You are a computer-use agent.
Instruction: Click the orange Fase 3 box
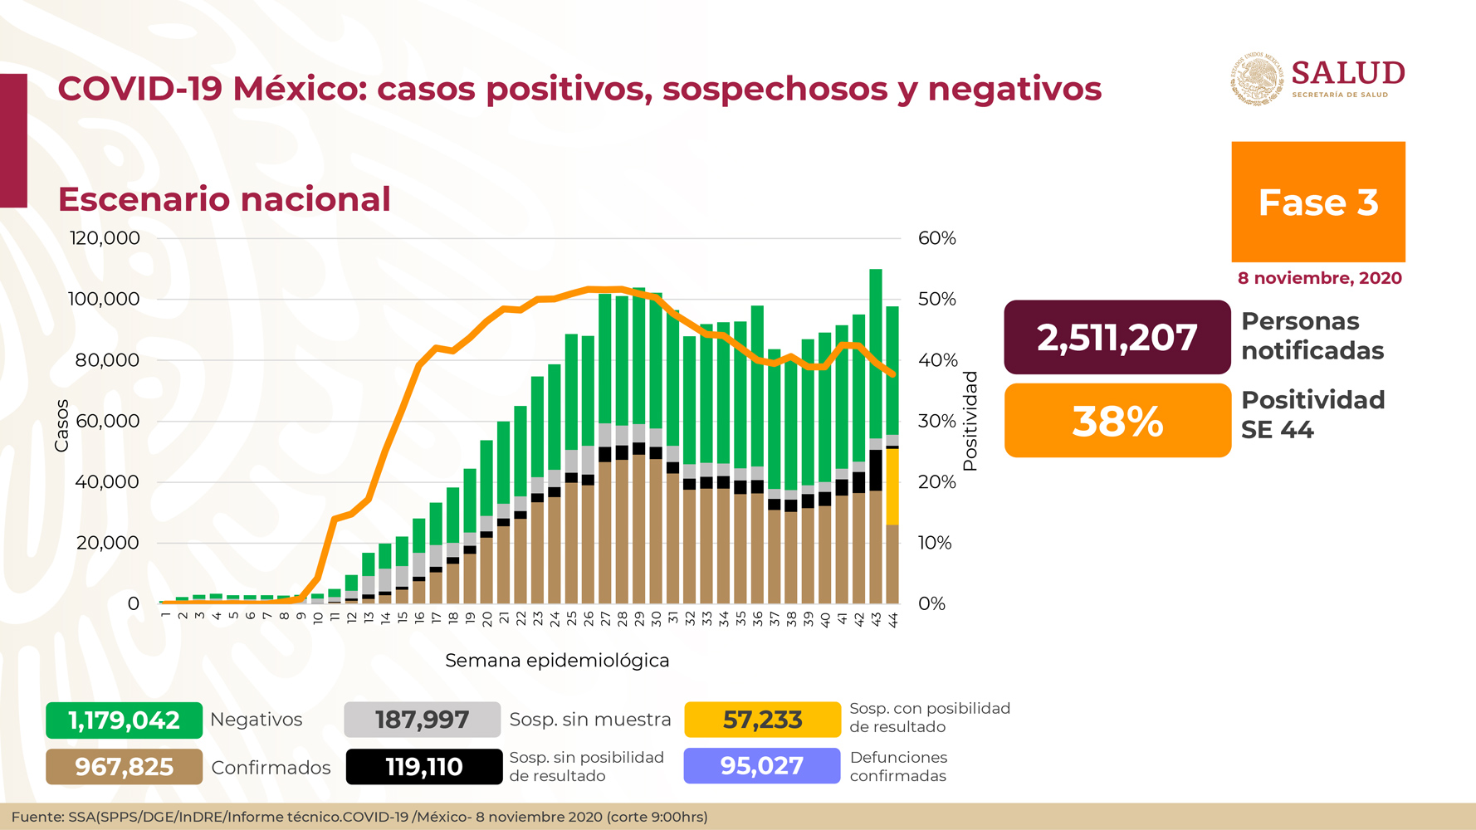(1317, 202)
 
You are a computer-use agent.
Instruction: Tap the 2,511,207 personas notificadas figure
(1117, 337)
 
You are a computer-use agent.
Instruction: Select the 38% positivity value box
(1117, 421)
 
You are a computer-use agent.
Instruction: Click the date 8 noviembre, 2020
(1319, 278)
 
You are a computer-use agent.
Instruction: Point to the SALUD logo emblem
(1256, 80)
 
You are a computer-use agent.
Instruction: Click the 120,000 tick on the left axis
(105, 238)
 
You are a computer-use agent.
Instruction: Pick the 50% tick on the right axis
(936, 299)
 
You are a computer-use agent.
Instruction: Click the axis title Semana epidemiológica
(557, 661)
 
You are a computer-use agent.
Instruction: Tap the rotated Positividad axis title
(970, 422)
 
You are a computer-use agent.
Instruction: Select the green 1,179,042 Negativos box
(124, 720)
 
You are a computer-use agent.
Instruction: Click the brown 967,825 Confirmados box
(124, 767)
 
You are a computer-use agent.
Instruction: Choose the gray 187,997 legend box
(422, 720)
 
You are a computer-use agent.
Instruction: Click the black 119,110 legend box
(423, 767)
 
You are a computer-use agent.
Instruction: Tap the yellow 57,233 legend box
(762, 720)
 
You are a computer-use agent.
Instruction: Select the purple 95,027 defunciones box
(761, 765)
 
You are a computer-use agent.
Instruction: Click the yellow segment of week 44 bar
(892, 486)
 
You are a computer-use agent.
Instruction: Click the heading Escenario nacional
(224, 199)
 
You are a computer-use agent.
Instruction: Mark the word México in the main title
(300, 89)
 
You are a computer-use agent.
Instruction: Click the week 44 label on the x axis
(893, 620)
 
